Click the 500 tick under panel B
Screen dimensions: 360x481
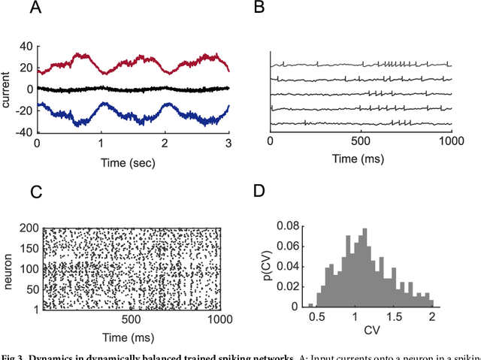(361, 141)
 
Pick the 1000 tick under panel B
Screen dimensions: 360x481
(451, 141)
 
